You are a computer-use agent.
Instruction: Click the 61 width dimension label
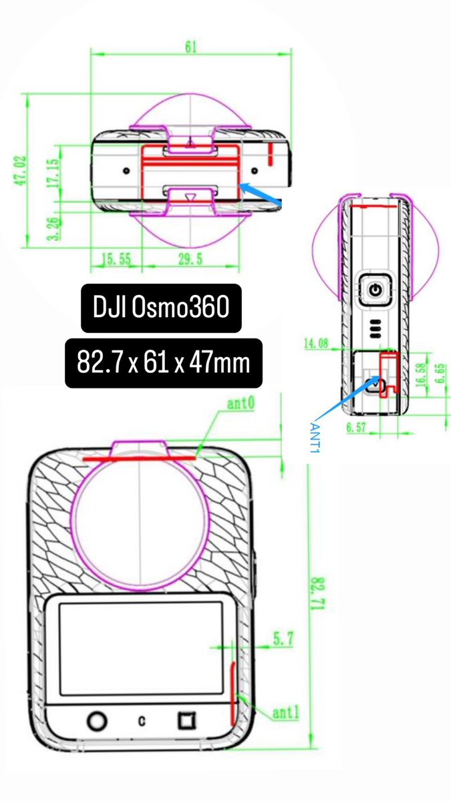[x=191, y=47]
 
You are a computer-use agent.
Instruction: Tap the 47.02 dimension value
[x=20, y=170]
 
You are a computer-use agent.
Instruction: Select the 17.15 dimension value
[x=53, y=173]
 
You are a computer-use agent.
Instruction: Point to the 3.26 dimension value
[x=53, y=228]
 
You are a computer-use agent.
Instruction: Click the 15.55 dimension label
[x=117, y=259]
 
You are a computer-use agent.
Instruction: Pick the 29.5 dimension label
[x=191, y=259]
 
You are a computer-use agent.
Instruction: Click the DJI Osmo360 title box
[x=161, y=308]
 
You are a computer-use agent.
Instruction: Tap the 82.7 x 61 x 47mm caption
[x=164, y=362]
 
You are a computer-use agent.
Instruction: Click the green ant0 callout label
[x=241, y=404]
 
